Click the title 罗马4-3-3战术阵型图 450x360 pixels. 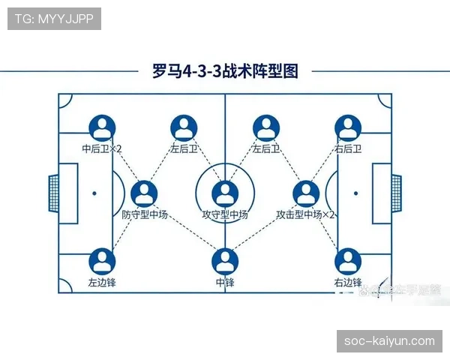[x=225, y=72]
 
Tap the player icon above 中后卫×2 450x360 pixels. [x=102, y=127]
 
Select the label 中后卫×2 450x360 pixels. [x=102, y=148]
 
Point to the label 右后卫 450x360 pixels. [x=348, y=148]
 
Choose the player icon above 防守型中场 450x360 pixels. [x=144, y=193]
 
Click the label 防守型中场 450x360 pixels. [x=144, y=214]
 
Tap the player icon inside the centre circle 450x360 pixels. [x=225, y=193]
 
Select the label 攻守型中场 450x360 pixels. [x=225, y=214]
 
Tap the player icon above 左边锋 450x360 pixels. [x=102, y=261]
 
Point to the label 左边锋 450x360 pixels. [x=102, y=283]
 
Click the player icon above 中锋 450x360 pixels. [x=225, y=261]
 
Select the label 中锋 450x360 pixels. [x=225, y=283]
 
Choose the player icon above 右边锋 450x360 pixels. [x=346, y=261]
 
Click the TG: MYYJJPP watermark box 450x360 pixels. [x=54, y=19]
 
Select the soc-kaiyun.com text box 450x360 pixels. [x=389, y=340]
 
